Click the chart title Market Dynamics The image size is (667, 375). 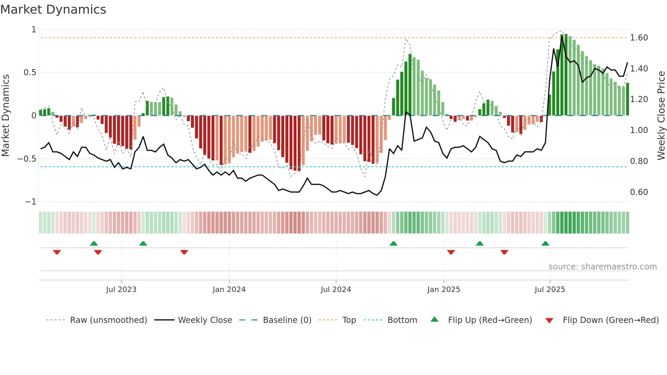[53, 10]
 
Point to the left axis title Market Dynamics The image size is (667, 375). [5, 115]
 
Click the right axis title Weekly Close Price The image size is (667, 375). [661, 115]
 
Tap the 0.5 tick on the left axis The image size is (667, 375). [30, 72]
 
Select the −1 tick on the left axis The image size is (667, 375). [31, 202]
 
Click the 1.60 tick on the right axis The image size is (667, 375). [639, 38]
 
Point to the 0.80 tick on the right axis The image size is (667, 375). [639, 161]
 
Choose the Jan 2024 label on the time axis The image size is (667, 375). [229, 290]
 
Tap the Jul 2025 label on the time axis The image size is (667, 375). [550, 290]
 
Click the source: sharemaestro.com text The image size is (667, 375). [602, 267]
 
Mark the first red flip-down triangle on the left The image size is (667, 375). [57, 252]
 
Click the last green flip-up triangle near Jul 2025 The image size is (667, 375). [545, 243]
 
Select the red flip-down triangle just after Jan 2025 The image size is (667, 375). [451, 252]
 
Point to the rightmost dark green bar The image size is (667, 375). [627, 99]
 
